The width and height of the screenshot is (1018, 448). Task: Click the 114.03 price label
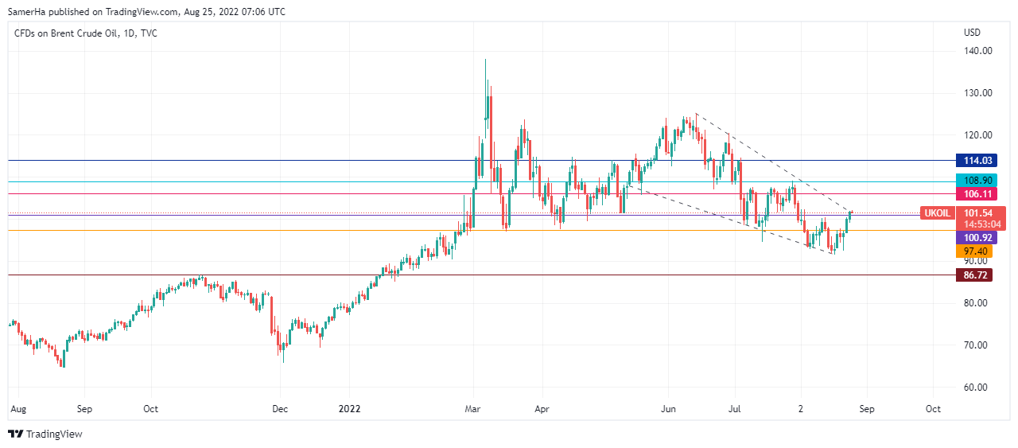[x=975, y=161]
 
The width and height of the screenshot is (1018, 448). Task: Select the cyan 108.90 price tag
[x=975, y=181]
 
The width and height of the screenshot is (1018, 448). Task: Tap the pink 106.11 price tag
[x=975, y=194]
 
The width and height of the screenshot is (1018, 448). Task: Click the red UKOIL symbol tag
[x=937, y=213]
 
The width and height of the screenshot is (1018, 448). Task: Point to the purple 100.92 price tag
[x=975, y=238]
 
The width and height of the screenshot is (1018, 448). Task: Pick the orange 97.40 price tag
[x=975, y=251]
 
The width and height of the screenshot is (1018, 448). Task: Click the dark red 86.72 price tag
[x=975, y=275]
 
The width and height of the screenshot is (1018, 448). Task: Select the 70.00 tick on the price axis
[x=975, y=345]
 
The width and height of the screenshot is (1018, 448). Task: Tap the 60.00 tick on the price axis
[x=975, y=388]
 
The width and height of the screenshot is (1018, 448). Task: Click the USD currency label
[x=972, y=33]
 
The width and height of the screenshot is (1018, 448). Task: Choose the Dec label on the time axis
[x=279, y=409]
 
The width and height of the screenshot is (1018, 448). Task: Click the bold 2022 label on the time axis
[x=349, y=409]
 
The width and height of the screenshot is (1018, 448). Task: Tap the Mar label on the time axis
[x=473, y=409]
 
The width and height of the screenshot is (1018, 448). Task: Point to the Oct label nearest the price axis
[x=933, y=409]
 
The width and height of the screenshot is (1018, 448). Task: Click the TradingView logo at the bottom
[x=45, y=434]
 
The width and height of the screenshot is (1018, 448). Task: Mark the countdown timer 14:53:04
[x=983, y=224]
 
